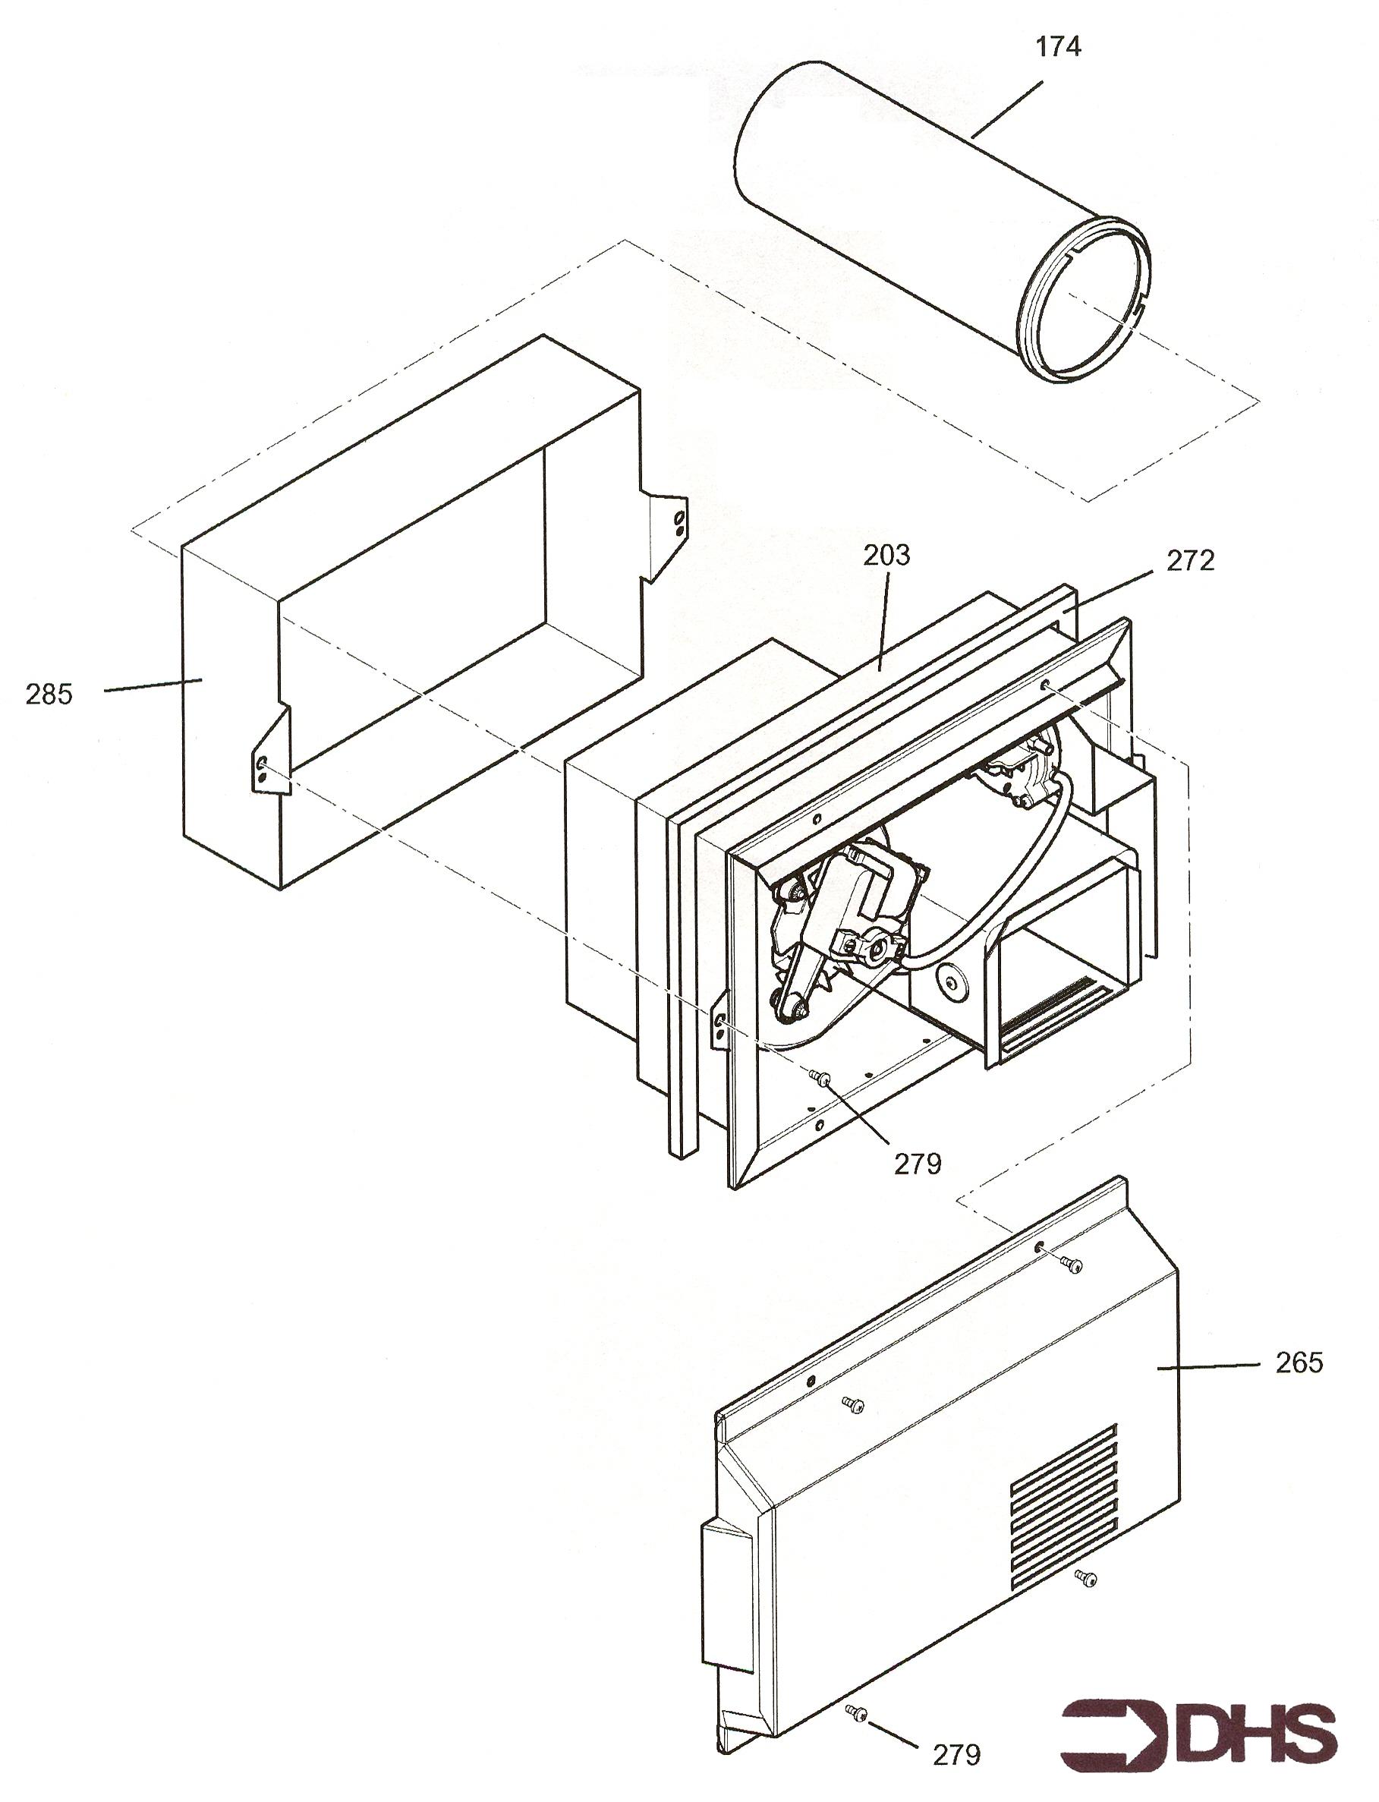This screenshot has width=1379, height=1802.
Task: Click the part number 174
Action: point(1058,48)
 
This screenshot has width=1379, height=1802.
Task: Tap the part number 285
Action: point(49,695)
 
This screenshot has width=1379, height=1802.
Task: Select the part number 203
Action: point(886,556)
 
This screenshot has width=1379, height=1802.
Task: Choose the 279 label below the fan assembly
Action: point(917,1164)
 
